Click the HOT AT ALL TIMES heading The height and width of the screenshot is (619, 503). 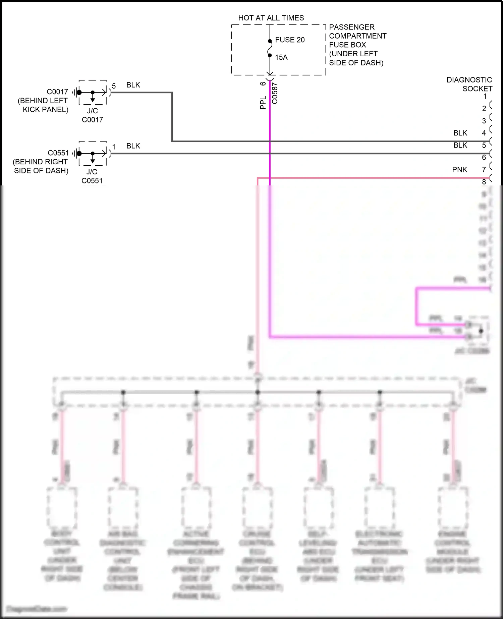[271, 18]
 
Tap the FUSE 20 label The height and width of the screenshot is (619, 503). [290, 40]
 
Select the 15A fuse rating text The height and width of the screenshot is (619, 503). [281, 58]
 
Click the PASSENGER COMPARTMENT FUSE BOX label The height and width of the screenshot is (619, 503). [357, 45]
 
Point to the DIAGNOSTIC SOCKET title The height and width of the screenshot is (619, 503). [469, 84]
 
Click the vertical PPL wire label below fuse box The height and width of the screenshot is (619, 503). [263, 103]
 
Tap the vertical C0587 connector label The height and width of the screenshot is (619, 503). [275, 93]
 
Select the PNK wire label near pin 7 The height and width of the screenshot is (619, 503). [459, 170]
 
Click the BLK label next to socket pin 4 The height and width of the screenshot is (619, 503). [460, 133]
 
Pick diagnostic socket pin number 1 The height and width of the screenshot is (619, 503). [485, 97]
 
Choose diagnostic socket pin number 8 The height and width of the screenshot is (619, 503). [484, 182]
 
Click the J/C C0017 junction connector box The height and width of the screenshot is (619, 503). [93, 92]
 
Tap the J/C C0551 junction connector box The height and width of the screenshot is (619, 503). [93, 153]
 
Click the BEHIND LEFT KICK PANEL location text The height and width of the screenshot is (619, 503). [43, 105]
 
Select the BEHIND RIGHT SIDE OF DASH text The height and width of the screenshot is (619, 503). [41, 166]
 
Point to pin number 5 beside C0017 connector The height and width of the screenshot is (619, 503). [114, 86]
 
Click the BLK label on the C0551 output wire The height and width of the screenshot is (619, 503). [133, 146]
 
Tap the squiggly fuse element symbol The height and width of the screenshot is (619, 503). [270, 48]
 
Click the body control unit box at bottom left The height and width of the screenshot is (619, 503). [62, 506]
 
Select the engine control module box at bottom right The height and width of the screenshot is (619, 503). [453, 506]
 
